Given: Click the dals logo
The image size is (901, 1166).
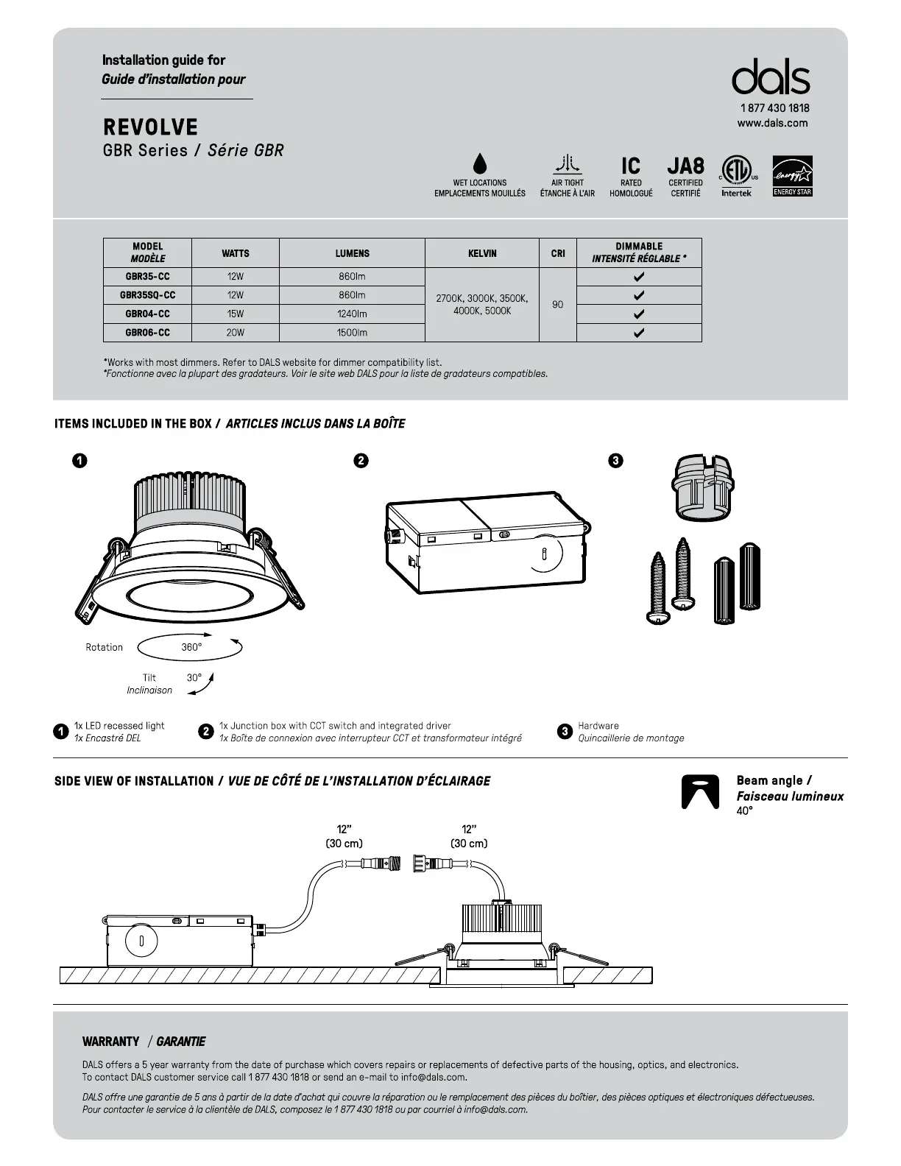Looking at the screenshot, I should [x=771, y=77].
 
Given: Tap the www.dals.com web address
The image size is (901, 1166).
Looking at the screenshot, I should [x=772, y=123].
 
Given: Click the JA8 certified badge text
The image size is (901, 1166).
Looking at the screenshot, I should [x=685, y=166].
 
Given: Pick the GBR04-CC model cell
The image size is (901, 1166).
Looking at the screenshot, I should [x=147, y=314].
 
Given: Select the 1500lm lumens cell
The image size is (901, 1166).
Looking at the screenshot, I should [x=352, y=333].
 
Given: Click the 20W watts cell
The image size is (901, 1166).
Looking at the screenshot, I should [x=235, y=333].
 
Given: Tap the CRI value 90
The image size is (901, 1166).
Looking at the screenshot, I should [x=557, y=304].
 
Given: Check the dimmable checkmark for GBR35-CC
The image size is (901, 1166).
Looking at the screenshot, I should [x=639, y=277].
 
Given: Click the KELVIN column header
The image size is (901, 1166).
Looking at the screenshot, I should [x=482, y=253].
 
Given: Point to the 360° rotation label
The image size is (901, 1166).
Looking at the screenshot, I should [x=191, y=647].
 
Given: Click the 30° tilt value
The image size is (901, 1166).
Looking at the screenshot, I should [x=194, y=677].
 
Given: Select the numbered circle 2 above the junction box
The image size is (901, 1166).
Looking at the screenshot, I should [x=361, y=461].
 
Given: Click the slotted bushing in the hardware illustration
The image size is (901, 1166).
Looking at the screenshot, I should [x=702, y=487].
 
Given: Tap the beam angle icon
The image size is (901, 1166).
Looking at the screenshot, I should [x=699, y=792].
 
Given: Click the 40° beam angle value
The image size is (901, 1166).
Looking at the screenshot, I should [x=744, y=811].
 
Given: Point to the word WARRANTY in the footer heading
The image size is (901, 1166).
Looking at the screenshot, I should [x=110, y=1042].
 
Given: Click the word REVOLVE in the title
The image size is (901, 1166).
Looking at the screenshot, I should [x=150, y=127].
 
